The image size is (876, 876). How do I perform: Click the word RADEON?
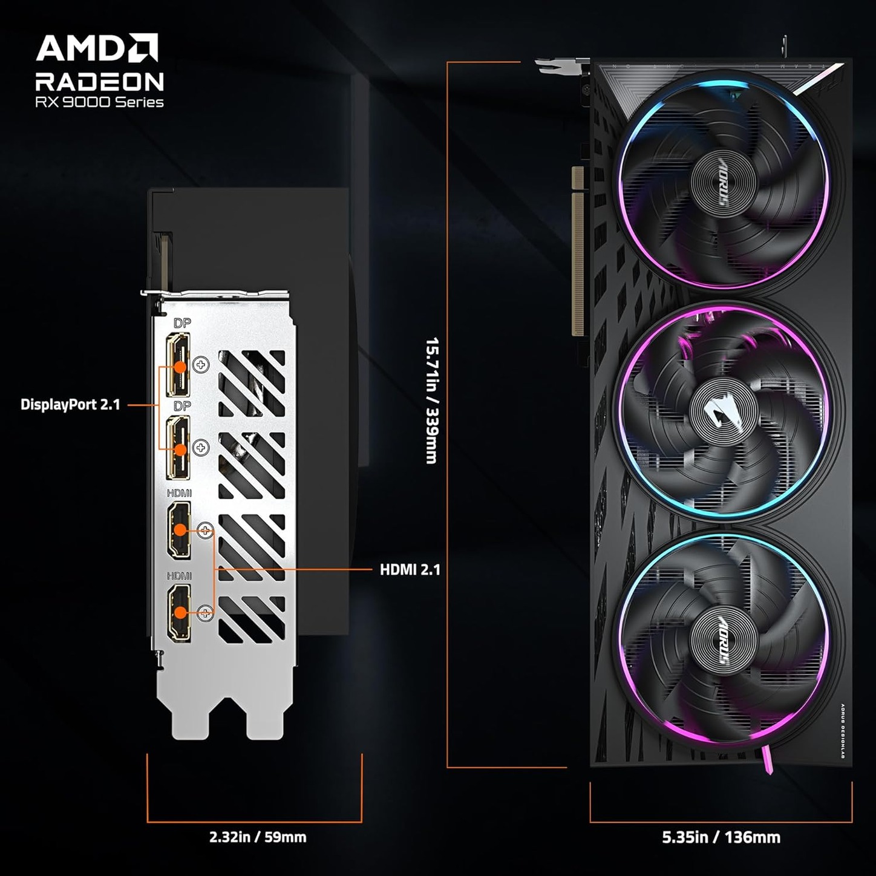[x=100, y=82]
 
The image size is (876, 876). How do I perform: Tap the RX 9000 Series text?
[x=100, y=102]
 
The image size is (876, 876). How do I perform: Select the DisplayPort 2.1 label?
[x=70, y=405]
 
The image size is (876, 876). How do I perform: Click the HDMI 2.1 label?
[x=410, y=570]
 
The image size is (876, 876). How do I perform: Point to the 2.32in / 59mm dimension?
[x=258, y=837]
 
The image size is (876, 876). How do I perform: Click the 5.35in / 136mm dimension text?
[x=721, y=837]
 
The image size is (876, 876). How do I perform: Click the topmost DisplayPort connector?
[x=178, y=365]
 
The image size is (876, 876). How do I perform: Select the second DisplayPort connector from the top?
[x=178, y=448]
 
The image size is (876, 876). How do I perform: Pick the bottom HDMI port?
[x=179, y=613]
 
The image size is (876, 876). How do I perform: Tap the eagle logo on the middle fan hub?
[x=724, y=414]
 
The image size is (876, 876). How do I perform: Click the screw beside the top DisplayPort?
[x=201, y=365]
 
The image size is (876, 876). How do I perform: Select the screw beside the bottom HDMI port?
[x=206, y=613]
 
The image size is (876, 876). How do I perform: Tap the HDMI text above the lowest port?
[x=179, y=576]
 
